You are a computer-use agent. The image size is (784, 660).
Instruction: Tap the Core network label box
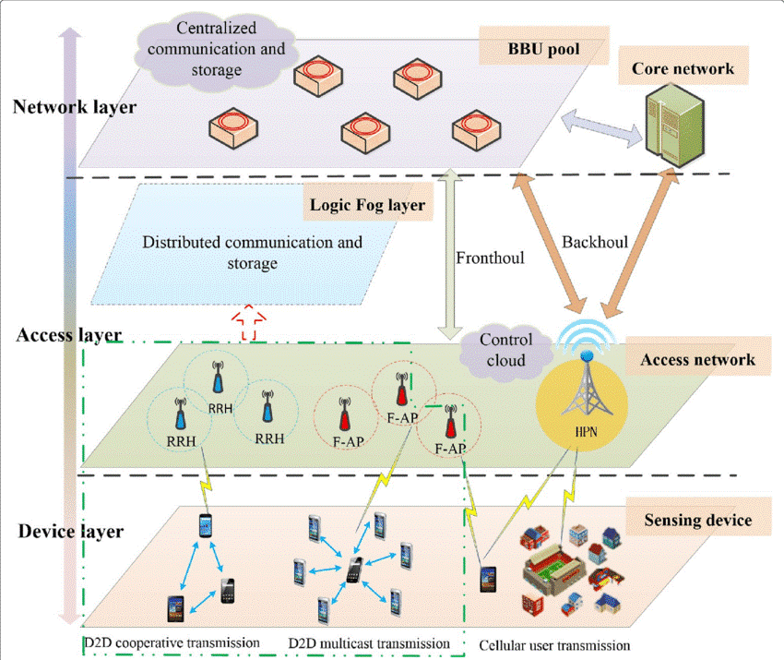click(x=683, y=68)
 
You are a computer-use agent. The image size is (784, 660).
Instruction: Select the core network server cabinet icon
click(x=669, y=126)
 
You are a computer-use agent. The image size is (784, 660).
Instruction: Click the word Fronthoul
click(x=490, y=258)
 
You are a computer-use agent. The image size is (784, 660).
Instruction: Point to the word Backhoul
click(x=594, y=242)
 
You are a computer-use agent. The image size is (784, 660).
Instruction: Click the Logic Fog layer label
click(x=366, y=205)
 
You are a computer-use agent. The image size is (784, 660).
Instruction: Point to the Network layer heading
click(x=75, y=108)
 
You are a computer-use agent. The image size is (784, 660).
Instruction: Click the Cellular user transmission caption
click(x=554, y=645)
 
